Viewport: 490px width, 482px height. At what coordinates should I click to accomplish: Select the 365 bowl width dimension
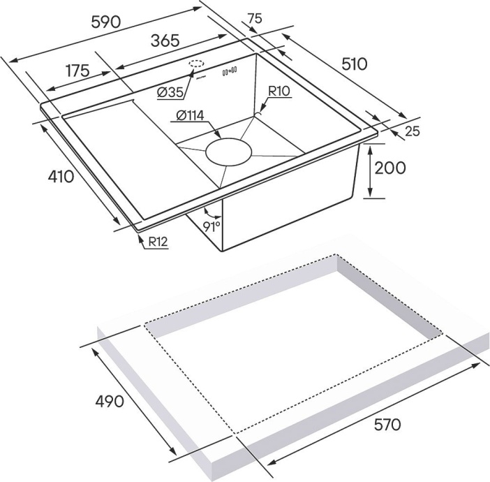(165, 41)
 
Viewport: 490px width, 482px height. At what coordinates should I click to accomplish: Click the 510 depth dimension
(354, 64)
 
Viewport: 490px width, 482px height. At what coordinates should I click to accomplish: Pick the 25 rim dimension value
(412, 131)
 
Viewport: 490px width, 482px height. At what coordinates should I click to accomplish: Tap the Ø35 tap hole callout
(170, 92)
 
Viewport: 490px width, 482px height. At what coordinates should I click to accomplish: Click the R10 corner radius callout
(281, 90)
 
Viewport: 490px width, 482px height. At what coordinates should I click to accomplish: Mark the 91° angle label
(211, 224)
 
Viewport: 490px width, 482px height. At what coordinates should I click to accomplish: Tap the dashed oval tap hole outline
(196, 64)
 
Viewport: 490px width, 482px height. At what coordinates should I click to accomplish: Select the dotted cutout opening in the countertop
(293, 342)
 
